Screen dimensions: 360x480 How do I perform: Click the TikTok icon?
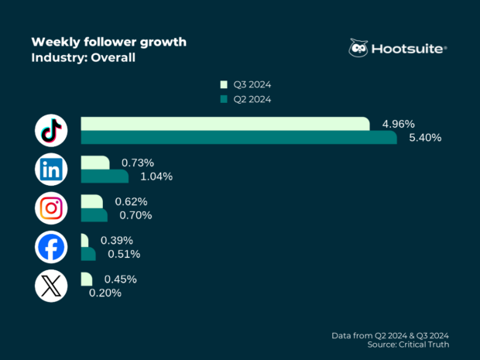click(x=51, y=131)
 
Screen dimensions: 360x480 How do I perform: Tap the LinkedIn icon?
click(x=51, y=170)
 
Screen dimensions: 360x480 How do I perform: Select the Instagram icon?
click(x=51, y=208)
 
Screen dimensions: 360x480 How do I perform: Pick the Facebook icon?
click(x=51, y=247)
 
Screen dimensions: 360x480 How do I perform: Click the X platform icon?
click(x=51, y=286)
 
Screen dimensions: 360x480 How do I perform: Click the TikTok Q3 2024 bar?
click(x=225, y=124)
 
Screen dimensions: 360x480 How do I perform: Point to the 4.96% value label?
click(x=399, y=124)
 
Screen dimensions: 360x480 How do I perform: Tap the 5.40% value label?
click(x=425, y=138)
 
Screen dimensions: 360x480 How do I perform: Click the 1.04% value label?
click(x=156, y=177)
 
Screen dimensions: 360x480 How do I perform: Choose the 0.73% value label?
click(x=138, y=163)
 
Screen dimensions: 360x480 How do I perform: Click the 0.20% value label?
click(x=105, y=293)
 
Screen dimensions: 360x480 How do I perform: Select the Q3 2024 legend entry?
click(x=245, y=84)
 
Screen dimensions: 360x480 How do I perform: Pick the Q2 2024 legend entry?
click(x=245, y=99)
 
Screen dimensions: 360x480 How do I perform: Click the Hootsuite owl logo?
click(x=358, y=48)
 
